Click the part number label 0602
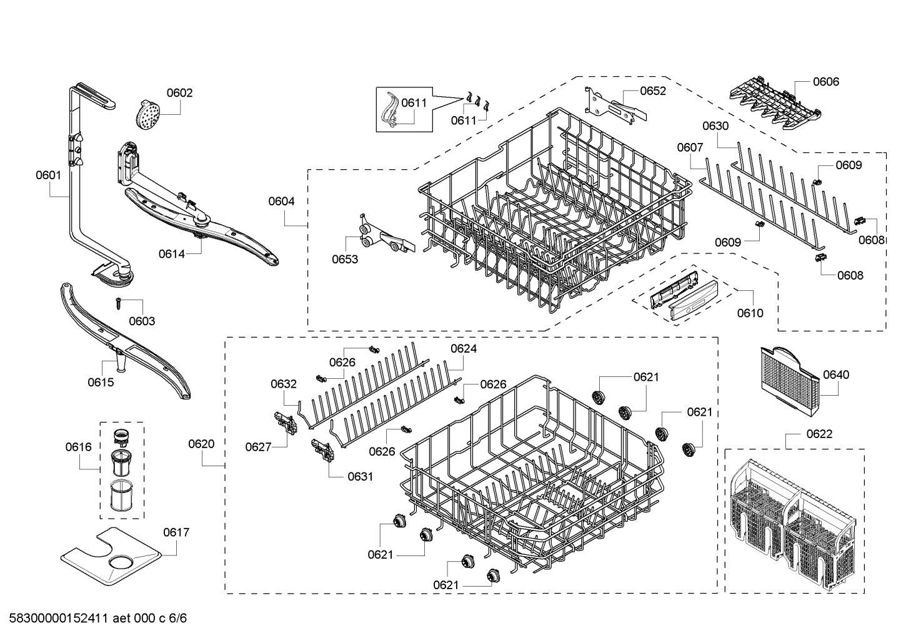click(x=179, y=93)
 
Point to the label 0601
click(x=48, y=175)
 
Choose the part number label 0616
click(x=78, y=447)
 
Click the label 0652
click(x=653, y=91)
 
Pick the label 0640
click(x=836, y=374)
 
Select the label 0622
click(x=819, y=434)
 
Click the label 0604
click(x=281, y=201)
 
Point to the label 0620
click(x=201, y=444)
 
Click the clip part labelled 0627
click(x=285, y=422)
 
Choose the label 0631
click(x=360, y=476)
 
